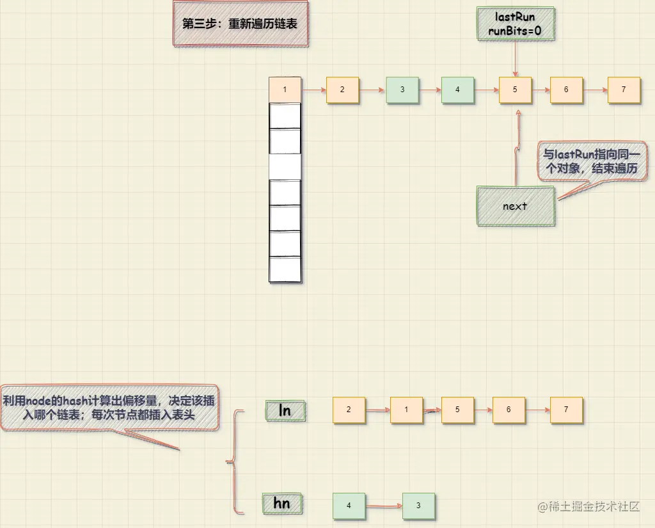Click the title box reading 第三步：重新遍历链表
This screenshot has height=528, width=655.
[241, 24]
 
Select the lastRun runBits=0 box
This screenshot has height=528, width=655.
[515, 24]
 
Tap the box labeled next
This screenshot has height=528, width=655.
[515, 206]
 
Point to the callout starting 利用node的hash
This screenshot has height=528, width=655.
[109, 408]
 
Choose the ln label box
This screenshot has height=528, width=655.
[285, 410]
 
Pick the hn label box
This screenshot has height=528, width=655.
[282, 504]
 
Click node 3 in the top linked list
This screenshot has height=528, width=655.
[402, 90]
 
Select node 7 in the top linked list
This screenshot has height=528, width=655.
[624, 90]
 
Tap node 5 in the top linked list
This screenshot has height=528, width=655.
[515, 90]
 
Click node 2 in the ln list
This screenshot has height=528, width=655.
[349, 410]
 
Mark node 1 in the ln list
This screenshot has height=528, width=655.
[406, 410]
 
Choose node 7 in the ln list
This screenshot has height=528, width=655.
[566, 410]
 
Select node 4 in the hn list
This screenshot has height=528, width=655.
[349, 506]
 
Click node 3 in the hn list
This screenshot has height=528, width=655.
[418, 506]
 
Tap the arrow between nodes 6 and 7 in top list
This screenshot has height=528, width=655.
[595, 90]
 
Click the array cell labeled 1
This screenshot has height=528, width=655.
[285, 90]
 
